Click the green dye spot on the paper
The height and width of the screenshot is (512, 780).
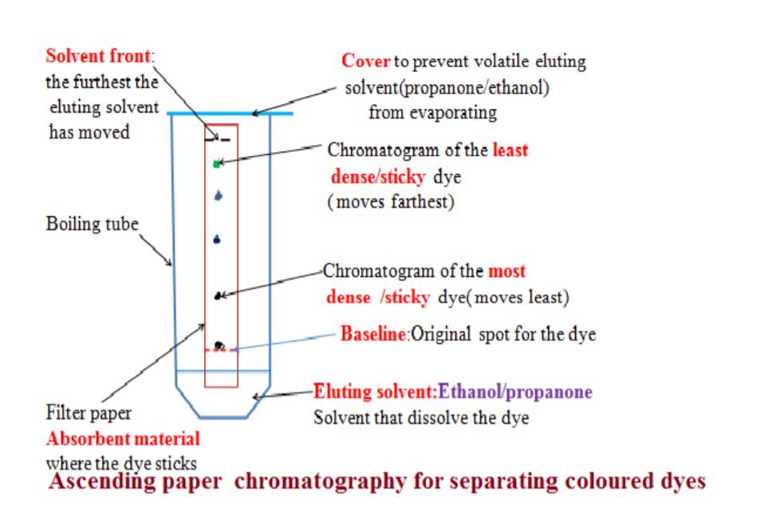pos(216,163)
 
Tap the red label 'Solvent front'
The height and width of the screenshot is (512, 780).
pos(98,57)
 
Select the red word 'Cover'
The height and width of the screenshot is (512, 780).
pos(365,61)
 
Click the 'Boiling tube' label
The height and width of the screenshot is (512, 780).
pos(93,224)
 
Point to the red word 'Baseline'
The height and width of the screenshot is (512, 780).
pos(373,334)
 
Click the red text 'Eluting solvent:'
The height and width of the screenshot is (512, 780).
pos(374,392)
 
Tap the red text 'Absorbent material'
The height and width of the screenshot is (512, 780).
pos(123,439)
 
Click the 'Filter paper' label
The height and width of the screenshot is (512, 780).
pos(88,415)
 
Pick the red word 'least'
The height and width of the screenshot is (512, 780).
pos(510,150)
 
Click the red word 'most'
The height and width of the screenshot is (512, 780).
pos(506,272)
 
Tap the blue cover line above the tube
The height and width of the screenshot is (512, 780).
pos(230,114)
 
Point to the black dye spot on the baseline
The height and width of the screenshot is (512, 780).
pos(219,345)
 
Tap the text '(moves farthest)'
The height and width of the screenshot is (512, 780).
pos(390,202)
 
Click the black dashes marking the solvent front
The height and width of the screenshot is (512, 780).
pos(219,139)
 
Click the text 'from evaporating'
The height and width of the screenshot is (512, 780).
pos(432,112)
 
